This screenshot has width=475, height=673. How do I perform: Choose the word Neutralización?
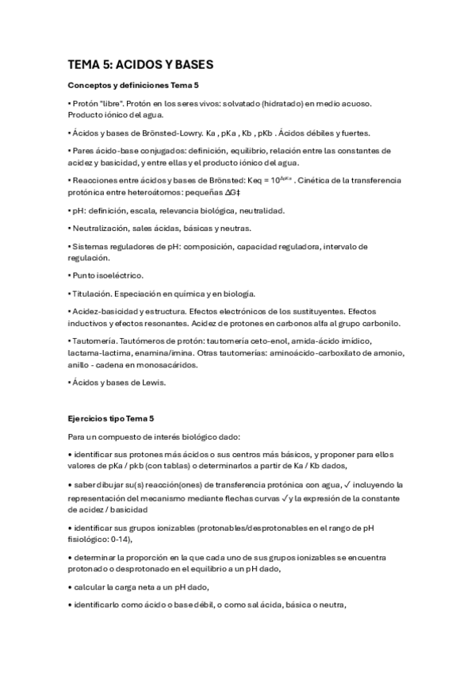[x=100, y=229]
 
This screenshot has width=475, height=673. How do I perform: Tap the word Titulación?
[x=90, y=294]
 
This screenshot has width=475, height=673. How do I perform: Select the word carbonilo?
[x=380, y=323]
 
